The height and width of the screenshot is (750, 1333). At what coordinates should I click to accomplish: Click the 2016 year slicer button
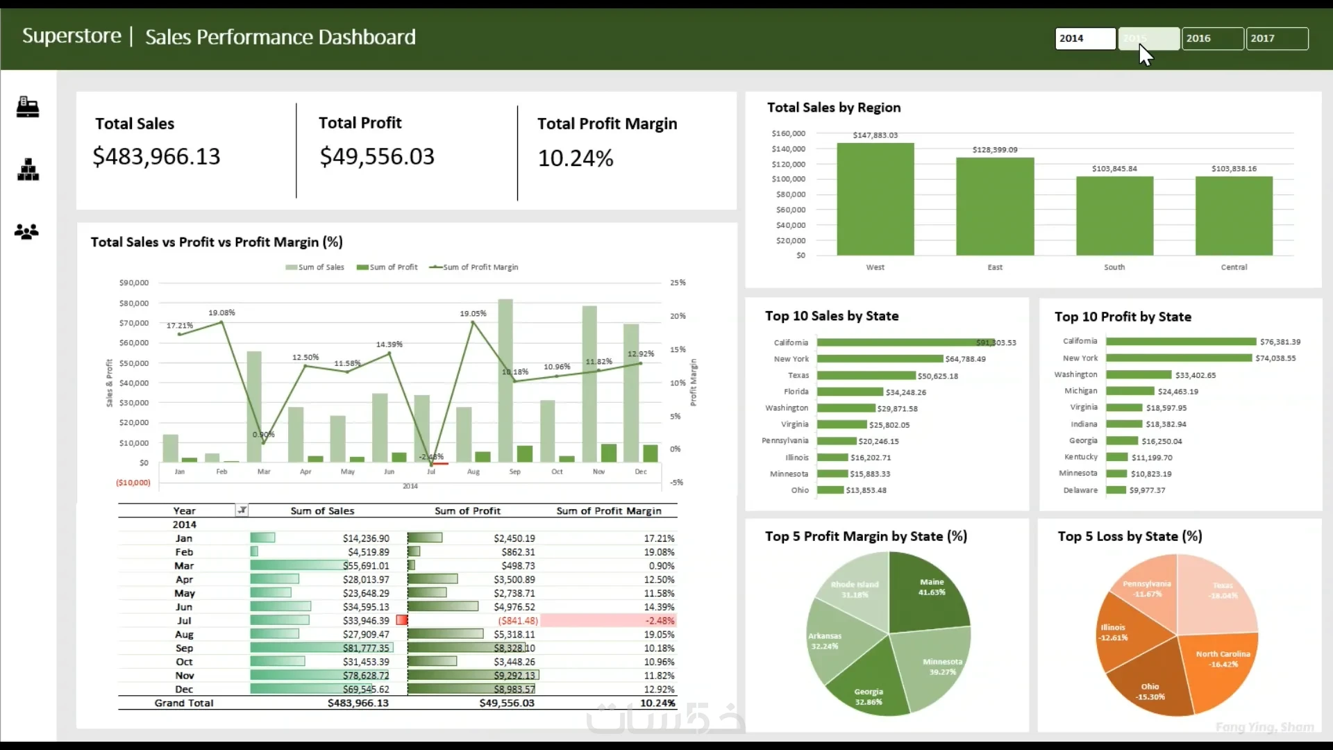pyautogui.click(x=1212, y=38)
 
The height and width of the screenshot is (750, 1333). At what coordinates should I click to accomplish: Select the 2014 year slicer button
pyautogui.click(x=1084, y=38)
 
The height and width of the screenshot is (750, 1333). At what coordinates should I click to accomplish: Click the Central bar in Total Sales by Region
pyautogui.click(x=1234, y=216)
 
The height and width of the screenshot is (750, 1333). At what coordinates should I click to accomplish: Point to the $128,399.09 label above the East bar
pyautogui.click(x=995, y=150)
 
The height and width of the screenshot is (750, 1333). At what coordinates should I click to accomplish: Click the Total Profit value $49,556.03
pyautogui.click(x=377, y=156)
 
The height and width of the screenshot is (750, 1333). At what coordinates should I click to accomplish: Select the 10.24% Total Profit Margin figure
pyautogui.click(x=576, y=158)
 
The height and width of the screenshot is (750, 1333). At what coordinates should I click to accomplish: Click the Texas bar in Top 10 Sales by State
pyautogui.click(x=866, y=376)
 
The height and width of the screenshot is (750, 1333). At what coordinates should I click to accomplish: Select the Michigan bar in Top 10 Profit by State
pyautogui.click(x=1130, y=391)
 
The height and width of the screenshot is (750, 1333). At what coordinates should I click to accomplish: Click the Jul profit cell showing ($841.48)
pyautogui.click(x=518, y=621)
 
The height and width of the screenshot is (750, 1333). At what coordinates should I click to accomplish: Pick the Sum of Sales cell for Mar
pyautogui.click(x=366, y=566)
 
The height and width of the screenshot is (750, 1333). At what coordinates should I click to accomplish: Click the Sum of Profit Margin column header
pyautogui.click(x=608, y=511)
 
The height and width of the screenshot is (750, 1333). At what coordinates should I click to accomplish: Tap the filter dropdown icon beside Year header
pyautogui.click(x=242, y=510)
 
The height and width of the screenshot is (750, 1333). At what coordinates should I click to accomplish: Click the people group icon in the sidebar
pyautogui.click(x=27, y=231)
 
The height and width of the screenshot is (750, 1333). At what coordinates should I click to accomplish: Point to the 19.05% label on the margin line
pyautogui.click(x=473, y=314)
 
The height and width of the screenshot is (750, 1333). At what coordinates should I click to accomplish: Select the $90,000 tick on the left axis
pyautogui.click(x=134, y=283)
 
